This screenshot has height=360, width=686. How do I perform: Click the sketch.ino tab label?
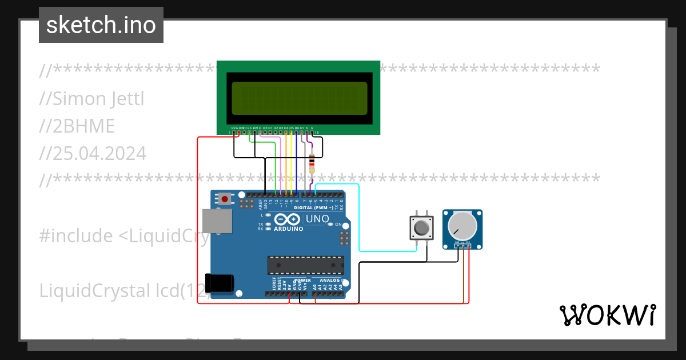[x=101, y=25]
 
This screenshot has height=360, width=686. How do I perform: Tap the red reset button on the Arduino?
[x=225, y=199]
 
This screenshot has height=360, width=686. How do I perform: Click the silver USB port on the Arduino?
[x=217, y=221]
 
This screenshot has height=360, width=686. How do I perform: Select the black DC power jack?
[x=220, y=283]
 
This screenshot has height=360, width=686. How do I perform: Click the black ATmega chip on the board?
[x=306, y=265]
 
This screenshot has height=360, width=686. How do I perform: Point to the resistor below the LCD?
[x=312, y=164]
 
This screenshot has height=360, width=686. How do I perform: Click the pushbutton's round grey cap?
[x=422, y=228]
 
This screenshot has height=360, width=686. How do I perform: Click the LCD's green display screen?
[x=299, y=98]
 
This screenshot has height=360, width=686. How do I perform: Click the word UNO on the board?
[x=318, y=219]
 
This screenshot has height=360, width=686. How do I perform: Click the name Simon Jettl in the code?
[x=92, y=99]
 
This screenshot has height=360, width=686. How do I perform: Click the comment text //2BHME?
[x=77, y=126]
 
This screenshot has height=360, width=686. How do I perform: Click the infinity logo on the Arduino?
[x=288, y=219]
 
